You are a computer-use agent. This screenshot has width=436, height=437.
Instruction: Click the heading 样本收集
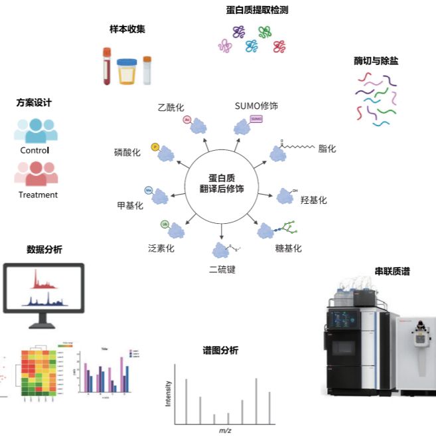coord(127,29)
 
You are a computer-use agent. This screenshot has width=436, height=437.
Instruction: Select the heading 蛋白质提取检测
coord(257,10)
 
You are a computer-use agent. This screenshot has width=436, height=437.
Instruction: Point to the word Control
coord(35,150)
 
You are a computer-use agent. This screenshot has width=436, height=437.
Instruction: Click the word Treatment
coord(38,195)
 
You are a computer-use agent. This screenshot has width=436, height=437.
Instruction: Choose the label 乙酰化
coord(170,107)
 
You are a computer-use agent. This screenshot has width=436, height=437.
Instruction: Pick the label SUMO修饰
coord(256,106)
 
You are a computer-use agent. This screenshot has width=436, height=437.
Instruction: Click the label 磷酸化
coord(127,152)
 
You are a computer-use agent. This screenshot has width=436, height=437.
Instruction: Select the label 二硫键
coord(222,269)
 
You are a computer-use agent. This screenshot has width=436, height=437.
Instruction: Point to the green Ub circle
coord(164,224)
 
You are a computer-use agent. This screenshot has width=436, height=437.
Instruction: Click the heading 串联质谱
coord(392,271)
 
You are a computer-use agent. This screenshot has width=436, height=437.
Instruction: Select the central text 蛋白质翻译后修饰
coord(222,183)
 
